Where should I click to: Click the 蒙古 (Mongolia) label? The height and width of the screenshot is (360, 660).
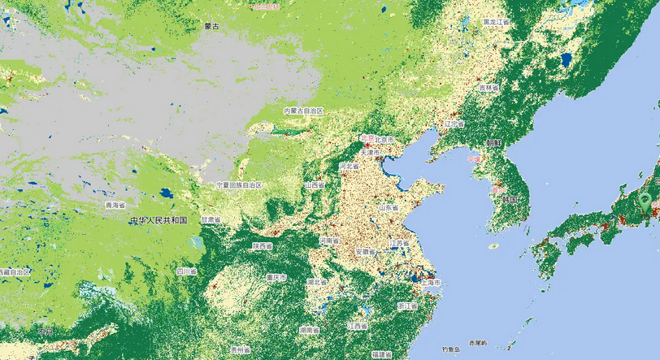pyautogui.click(x=213, y=26)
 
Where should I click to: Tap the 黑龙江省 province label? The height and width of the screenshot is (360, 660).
pyautogui.click(x=495, y=21)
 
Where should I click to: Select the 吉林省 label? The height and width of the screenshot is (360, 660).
pyautogui.click(x=489, y=87)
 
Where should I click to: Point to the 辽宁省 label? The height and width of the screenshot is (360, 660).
pyautogui.click(x=454, y=124)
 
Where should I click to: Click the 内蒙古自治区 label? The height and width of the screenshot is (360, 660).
pyautogui.click(x=303, y=111)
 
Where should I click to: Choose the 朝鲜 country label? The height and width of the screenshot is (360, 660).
pyautogui.click(x=493, y=142)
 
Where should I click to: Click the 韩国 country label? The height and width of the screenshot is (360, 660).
pyautogui.click(x=510, y=199)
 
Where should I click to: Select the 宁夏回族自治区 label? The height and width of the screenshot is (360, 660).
pyautogui.click(x=239, y=185)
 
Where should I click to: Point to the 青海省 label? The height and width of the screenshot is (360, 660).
pyautogui.click(x=115, y=206)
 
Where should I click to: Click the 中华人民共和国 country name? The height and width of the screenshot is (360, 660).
pyautogui.click(x=158, y=220)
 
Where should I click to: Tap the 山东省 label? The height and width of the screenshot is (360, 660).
pyautogui.click(x=388, y=207)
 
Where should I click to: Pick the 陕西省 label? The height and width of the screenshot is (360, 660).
pyautogui.click(x=262, y=245)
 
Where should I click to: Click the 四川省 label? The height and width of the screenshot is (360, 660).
pyautogui.click(x=186, y=271)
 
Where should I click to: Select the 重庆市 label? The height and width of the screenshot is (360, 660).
pyautogui.click(x=276, y=278)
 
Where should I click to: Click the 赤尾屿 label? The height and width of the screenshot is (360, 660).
pyautogui.click(x=477, y=343)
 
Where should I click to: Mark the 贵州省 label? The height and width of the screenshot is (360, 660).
pyautogui.click(x=239, y=349)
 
